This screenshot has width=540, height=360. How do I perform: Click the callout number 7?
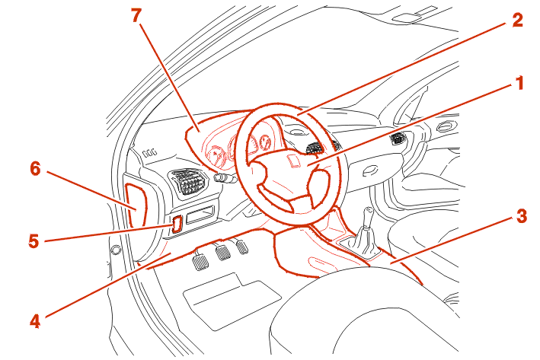(137, 15)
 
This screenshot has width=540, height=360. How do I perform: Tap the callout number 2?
(518, 20)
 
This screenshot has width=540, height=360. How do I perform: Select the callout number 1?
(519, 83)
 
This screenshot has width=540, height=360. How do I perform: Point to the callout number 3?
(522, 216)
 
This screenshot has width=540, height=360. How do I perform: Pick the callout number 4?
(35, 321)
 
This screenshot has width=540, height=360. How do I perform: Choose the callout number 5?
(34, 241)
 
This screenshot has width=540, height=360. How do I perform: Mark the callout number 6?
(35, 169)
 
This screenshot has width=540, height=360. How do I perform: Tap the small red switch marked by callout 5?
(177, 225)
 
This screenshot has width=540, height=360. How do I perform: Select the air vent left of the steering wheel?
(188, 182)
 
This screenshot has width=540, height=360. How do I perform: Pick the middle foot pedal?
(223, 252)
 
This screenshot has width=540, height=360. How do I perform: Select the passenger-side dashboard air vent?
(398, 138)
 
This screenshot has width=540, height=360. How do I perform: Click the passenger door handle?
(447, 126)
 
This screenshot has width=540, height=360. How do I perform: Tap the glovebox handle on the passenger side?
(370, 170)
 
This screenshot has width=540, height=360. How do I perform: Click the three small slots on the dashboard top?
(150, 152)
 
